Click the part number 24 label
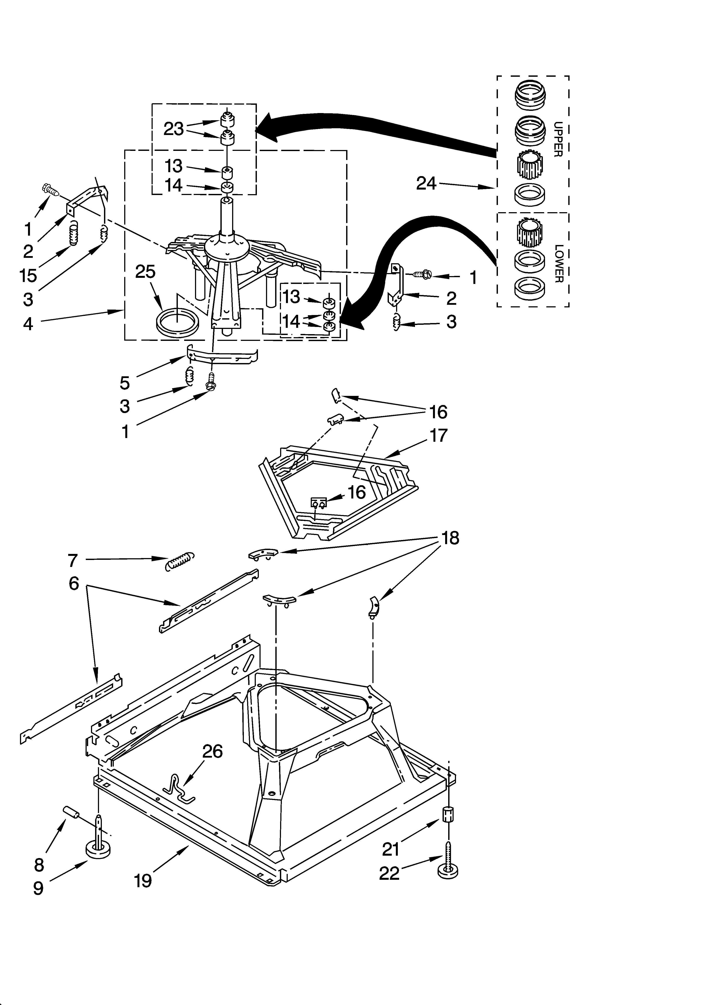click(x=426, y=183)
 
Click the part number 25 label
click(x=145, y=272)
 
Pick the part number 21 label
click(x=390, y=849)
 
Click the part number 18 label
click(x=450, y=538)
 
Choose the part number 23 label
click(x=173, y=129)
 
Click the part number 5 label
click(x=125, y=383)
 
